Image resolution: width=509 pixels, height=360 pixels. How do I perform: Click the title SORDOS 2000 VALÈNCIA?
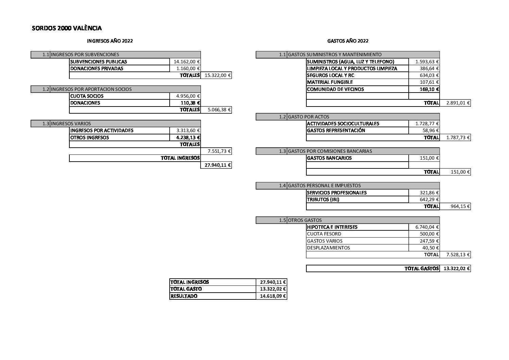click(67, 28)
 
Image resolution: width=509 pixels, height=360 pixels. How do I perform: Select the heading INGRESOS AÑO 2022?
click(110, 41)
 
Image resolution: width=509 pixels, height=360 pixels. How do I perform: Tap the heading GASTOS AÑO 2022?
click(347, 41)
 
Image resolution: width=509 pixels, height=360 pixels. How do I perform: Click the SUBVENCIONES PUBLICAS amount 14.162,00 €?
click(187, 62)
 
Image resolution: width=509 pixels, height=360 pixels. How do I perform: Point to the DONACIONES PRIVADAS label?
click(97, 68)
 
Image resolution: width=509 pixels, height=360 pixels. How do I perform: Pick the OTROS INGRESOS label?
click(90, 137)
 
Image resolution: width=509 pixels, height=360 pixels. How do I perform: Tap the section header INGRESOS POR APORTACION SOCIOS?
click(91, 89)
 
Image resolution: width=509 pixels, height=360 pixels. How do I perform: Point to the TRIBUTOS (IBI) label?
click(323, 199)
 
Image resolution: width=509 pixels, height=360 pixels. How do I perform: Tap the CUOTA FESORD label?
click(324, 234)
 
